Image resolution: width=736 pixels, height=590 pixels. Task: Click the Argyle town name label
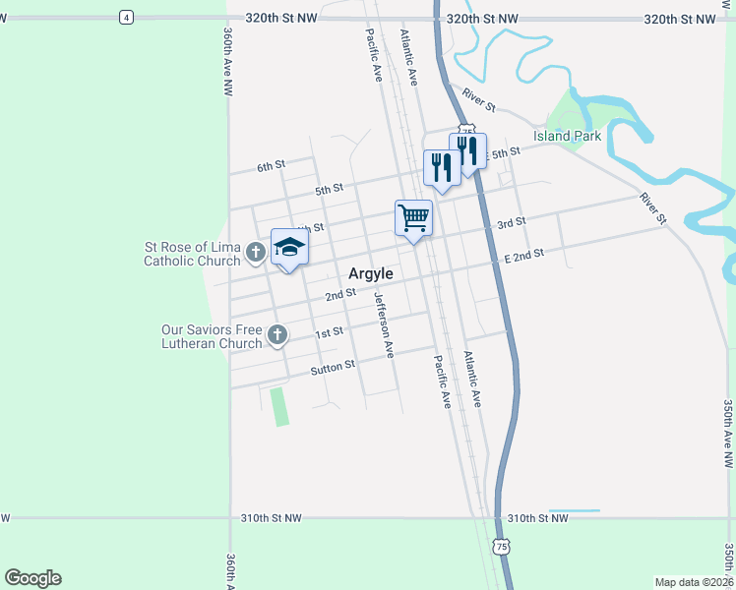click(371, 273)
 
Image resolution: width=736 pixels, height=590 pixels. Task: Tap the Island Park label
click(568, 136)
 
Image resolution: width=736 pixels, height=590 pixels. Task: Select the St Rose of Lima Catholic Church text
click(193, 254)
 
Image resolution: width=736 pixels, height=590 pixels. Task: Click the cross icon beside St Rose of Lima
click(255, 253)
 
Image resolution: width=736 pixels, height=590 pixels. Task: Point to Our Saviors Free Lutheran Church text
click(213, 336)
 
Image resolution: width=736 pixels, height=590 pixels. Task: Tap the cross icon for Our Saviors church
click(276, 335)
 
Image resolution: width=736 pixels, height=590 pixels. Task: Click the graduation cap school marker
click(289, 248)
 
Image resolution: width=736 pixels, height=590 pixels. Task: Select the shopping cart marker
click(414, 216)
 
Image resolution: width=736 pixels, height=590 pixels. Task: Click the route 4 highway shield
click(125, 17)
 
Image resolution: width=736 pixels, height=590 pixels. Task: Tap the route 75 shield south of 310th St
click(502, 546)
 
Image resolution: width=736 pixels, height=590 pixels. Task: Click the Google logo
click(32, 578)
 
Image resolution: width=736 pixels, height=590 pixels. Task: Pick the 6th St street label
click(271, 166)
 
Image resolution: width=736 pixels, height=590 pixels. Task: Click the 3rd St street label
click(511, 223)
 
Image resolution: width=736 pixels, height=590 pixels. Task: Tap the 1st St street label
click(329, 332)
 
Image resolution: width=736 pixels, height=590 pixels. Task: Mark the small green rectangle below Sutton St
click(280, 406)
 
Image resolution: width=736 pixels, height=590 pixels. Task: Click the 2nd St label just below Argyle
click(340, 294)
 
